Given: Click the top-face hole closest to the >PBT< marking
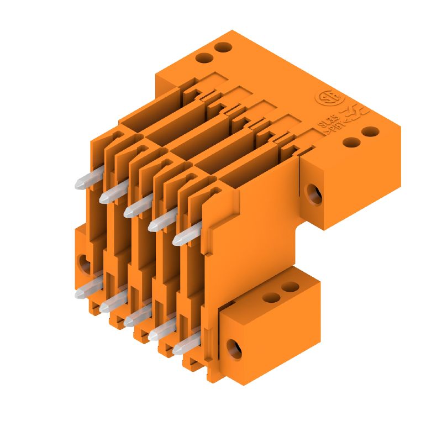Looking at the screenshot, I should pyautogui.click(x=350, y=142).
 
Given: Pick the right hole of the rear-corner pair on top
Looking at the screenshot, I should pyautogui.click(x=222, y=48).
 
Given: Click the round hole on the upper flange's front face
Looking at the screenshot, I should pyautogui.click(x=314, y=194).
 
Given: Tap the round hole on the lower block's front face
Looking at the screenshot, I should pyautogui.click(x=234, y=349).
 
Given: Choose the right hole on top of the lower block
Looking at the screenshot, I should pyautogui.click(x=289, y=288).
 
